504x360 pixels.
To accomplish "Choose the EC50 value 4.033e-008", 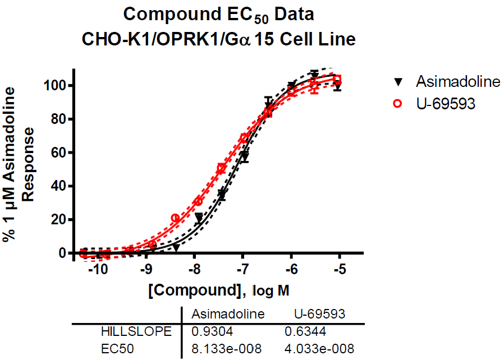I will click(320, 349).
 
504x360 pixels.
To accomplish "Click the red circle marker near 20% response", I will click(175, 218).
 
